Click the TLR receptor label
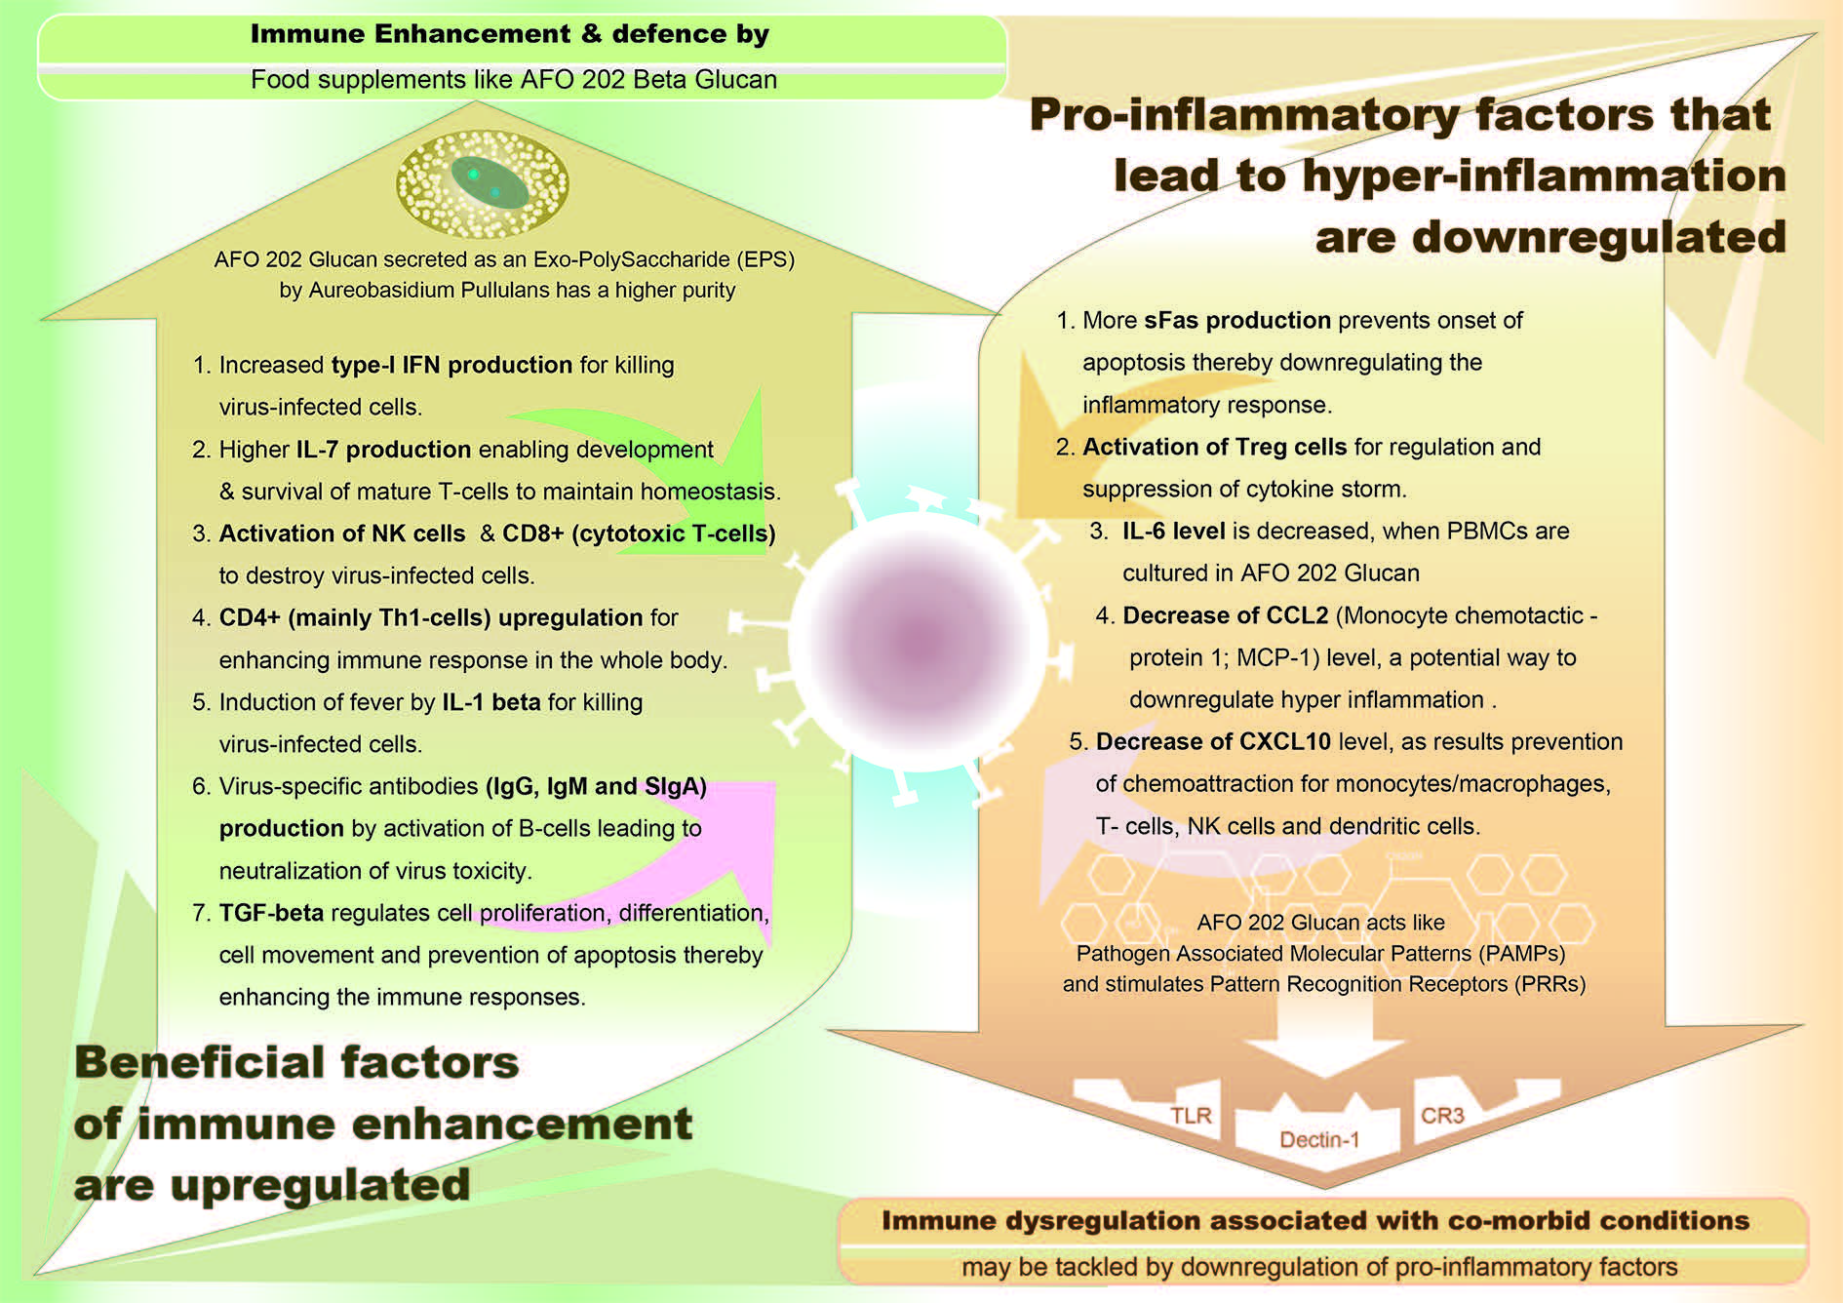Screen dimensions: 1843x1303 (x=1191, y=1116)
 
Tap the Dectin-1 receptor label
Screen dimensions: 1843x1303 (x=1319, y=1140)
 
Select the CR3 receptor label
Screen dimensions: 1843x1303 (x=1442, y=1116)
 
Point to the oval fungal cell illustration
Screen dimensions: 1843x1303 (x=482, y=184)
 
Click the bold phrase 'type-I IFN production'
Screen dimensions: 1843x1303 (x=451, y=365)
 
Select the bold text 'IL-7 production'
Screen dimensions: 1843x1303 (x=383, y=450)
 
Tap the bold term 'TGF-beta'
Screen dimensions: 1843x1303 (x=271, y=913)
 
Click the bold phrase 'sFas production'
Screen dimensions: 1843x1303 (x=1237, y=321)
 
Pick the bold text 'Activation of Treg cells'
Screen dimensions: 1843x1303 (x=1215, y=447)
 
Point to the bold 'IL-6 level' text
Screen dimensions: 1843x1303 (x=1174, y=531)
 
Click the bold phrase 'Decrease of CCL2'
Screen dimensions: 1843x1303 (x=1226, y=615)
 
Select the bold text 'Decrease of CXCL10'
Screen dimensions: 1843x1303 (x=1213, y=741)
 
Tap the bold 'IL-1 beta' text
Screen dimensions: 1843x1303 (x=491, y=702)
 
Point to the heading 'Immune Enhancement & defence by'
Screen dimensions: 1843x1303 (x=510, y=34)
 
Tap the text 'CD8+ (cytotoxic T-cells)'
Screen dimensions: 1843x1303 (x=639, y=533)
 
